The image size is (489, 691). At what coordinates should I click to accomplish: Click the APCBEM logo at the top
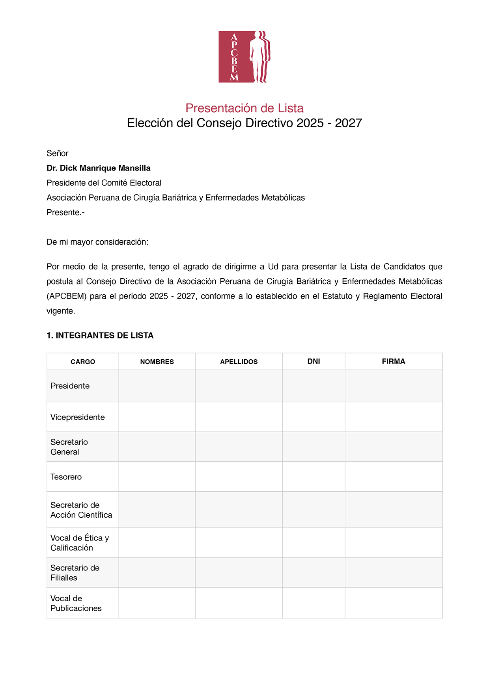[244, 57]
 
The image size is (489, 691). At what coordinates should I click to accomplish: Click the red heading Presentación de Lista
[244, 108]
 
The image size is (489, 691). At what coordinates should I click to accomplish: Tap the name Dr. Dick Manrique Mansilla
[99, 168]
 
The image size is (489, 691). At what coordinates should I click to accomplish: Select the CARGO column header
[83, 362]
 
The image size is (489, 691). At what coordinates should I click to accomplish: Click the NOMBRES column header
[157, 362]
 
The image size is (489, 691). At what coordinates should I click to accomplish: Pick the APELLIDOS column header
[239, 362]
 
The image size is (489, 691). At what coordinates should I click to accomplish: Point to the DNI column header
[314, 361]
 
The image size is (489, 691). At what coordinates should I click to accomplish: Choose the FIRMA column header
[393, 361]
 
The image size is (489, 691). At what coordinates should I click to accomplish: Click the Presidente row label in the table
[70, 386]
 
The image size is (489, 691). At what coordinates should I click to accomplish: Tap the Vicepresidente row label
[78, 417]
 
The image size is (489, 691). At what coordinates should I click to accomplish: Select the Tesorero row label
[66, 477]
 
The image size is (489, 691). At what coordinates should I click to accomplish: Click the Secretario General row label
[69, 447]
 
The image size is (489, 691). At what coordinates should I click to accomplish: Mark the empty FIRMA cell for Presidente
[393, 386]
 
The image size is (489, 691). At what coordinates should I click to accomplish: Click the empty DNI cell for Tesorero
[314, 477]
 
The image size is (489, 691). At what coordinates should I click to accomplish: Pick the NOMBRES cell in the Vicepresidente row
[157, 417]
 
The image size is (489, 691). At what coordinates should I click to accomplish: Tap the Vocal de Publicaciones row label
[76, 603]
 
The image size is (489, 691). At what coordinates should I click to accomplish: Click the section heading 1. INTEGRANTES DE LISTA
[100, 336]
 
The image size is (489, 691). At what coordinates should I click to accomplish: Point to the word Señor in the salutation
[58, 153]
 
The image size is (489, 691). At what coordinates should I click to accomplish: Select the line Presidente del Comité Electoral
[104, 183]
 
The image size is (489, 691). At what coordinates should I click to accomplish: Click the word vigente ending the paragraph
[60, 311]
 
